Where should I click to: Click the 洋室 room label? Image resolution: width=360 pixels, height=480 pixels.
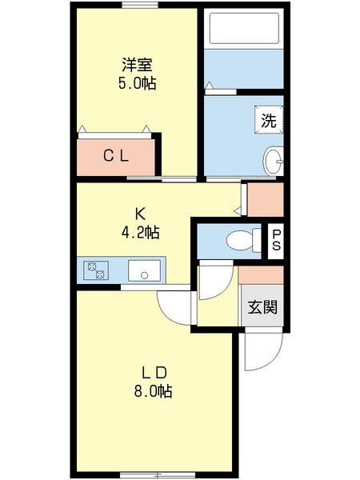point(137,65)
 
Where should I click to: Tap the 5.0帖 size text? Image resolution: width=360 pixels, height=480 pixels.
point(137,82)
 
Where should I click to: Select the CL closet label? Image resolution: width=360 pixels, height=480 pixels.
point(116,157)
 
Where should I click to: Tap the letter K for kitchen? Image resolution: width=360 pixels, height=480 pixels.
point(139,214)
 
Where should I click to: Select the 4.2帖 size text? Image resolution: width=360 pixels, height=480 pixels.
point(139,233)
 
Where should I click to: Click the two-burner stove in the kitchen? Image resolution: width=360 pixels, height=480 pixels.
point(97,270)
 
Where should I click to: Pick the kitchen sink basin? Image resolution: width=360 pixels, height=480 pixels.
point(145,270)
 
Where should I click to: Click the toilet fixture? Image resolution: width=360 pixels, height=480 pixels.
point(240,239)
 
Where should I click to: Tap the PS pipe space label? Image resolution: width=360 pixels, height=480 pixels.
point(275,239)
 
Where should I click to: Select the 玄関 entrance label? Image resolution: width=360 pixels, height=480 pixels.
point(262,307)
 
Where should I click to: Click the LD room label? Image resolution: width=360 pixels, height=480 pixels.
point(154,373)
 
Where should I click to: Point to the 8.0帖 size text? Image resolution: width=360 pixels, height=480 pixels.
point(154,391)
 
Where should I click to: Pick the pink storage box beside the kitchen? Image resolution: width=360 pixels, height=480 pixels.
point(265,199)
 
